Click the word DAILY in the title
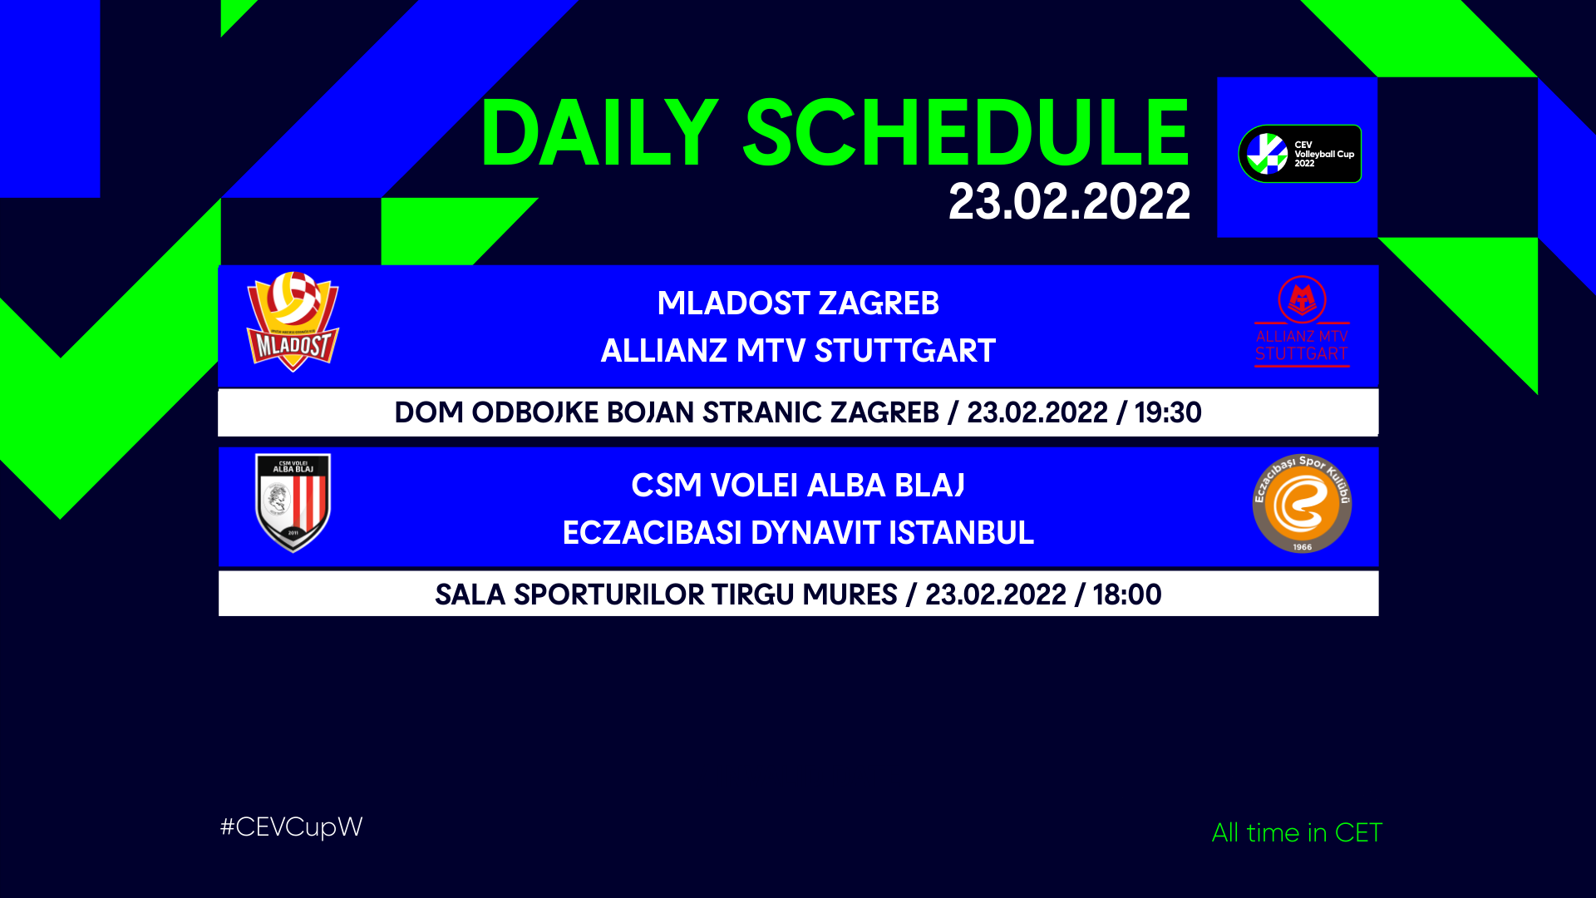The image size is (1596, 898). pyautogui.click(x=598, y=133)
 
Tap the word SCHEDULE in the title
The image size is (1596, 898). pyautogui.click(x=967, y=133)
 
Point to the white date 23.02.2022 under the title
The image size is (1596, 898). pyautogui.click(x=1069, y=202)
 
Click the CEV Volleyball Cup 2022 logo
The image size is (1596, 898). pyautogui.click(x=1299, y=154)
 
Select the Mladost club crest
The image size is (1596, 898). pyautogui.click(x=293, y=322)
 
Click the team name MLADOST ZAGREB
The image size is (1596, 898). pyautogui.click(x=798, y=303)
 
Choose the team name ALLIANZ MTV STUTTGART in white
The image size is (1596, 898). pyautogui.click(x=798, y=351)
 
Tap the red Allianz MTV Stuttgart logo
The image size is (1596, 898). pyautogui.click(x=1302, y=321)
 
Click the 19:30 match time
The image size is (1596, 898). pyautogui.click(x=1168, y=412)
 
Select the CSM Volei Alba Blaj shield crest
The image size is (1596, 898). pyautogui.click(x=293, y=503)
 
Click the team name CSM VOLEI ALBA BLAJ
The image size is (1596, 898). pyautogui.click(x=798, y=486)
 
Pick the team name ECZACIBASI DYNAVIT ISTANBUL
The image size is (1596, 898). pyautogui.click(x=798, y=533)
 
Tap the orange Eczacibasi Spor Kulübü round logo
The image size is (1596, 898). pyautogui.click(x=1302, y=503)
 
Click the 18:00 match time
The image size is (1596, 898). pyautogui.click(x=1127, y=595)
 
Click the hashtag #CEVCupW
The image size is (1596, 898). pyautogui.click(x=291, y=827)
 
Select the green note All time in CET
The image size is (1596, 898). pyautogui.click(x=1297, y=832)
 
